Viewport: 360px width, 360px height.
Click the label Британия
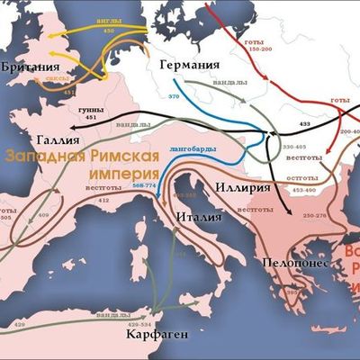[x=31, y=67]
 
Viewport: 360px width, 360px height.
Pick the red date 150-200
[x=259, y=49]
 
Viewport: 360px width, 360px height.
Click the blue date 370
[x=175, y=94]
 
